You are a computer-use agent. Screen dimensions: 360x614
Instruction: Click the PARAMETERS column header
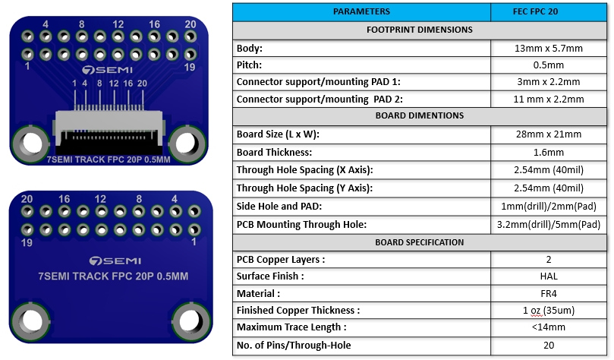click(x=361, y=11)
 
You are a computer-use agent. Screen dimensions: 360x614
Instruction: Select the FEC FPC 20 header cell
click(x=548, y=11)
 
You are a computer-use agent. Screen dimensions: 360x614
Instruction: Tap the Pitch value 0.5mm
click(x=548, y=65)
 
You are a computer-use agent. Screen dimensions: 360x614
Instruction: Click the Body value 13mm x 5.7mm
click(x=548, y=48)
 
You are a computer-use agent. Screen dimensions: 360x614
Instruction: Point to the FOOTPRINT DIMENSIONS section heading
click(x=419, y=30)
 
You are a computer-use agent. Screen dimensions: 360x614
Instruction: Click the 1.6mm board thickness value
click(x=548, y=152)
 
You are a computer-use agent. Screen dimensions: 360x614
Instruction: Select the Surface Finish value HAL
click(x=548, y=276)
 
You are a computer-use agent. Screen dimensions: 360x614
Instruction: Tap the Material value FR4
click(x=548, y=293)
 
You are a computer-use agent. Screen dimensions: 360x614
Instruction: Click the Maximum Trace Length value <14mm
click(x=548, y=327)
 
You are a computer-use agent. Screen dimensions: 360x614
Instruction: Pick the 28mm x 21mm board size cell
click(x=548, y=134)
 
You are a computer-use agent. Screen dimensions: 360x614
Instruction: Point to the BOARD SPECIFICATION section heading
click(x=419, y=242)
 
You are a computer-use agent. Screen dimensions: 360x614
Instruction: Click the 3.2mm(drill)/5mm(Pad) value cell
click(x=548, y=224)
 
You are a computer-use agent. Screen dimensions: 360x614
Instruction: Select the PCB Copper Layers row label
click(x=281, y=259)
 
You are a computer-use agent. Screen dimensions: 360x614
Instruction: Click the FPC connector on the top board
click(x=109, y=125)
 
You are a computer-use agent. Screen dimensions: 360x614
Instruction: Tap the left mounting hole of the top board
click(x=31, y=143)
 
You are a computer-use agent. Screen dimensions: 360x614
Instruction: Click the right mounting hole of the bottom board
click(x=188, y=319)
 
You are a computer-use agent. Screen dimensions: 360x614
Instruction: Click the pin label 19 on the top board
click(x=191, y=68)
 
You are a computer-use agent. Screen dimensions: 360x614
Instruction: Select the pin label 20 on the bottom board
click(x=27, y=199)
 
